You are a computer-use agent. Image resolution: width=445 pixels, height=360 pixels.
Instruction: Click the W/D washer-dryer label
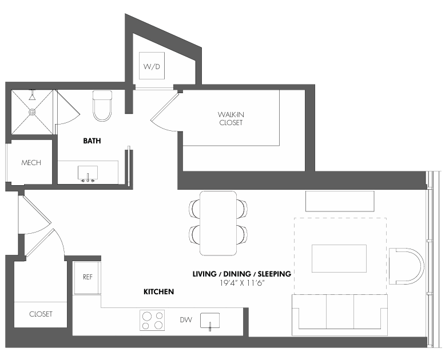pyautogui.click(x=152, y=66)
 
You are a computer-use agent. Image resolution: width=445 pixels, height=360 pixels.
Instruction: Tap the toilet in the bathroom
pyautogui.click(x=102, y=106)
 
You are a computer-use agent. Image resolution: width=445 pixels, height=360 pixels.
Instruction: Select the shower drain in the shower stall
pyautogui.click(x=32, y=112)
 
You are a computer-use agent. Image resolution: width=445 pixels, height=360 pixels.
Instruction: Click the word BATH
pyautogui.click(x=92, y=141)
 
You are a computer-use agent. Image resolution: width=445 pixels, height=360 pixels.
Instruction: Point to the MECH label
pyautogui.click(x=31, y=163)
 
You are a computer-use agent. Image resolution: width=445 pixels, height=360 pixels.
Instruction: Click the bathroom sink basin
pyautogui.click(x=88, y=174)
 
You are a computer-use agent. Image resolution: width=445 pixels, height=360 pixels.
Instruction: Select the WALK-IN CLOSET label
pyautogui.click(x=231, y=118)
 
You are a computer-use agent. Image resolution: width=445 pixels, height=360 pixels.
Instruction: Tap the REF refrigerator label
pyautogui.click(x=88, y=277)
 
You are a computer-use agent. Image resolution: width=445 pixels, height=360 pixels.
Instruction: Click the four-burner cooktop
pyautogui.click(x=152, y=321)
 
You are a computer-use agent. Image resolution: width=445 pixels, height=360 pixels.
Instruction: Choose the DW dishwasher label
pyautogui.click(x=186, y=320)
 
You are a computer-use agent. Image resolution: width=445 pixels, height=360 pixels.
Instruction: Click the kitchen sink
pyautogui.click(x=210, y=321)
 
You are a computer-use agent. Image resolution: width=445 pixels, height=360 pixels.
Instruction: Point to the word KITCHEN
pyautogui.click(x=158, y=291)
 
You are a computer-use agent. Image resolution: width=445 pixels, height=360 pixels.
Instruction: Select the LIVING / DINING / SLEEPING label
pyautogui.click(x=242, y=274)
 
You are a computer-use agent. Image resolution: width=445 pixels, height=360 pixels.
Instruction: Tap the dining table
pyautogui.click(x=218, y=223)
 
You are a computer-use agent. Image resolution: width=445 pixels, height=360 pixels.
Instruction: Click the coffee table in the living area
pyautogui.click(x=339, y=258)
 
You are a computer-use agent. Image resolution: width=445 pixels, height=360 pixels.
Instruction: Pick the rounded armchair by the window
pyautogui.click(x=407, y=266)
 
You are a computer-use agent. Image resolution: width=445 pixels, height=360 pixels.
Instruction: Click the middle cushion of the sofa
pyautogui.click(x=340, y=311)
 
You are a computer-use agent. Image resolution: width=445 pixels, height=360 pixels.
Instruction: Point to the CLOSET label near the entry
pyautogui.click(x=41, y=314)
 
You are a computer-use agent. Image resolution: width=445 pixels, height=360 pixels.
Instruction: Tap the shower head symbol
pyautogui.click(x=33, y=96)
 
